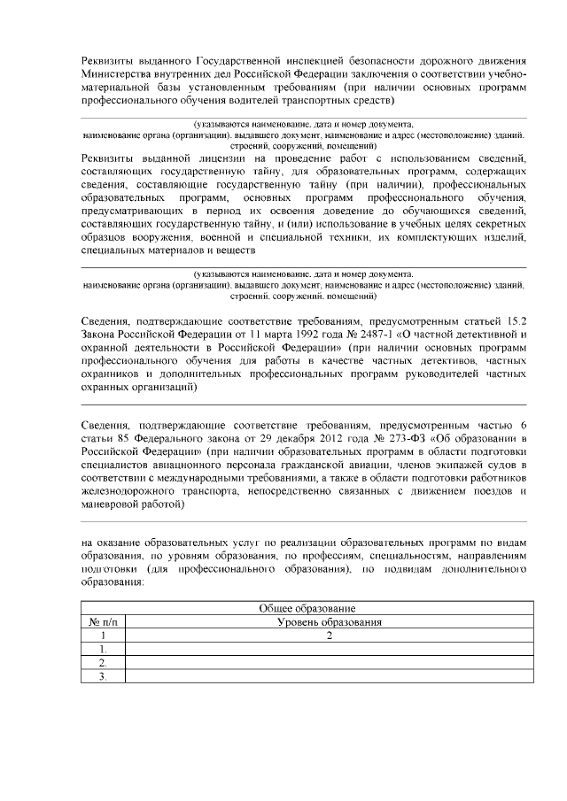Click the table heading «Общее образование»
pyautogui.click(x=307, y=609)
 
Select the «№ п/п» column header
pyautogui.click(x=103, y=622)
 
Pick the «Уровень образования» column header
pyautogui.click(x=329, y=622)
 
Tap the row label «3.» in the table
pyautogui.click(x=103, y=677)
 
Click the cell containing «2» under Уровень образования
pyautogui.click(x=329, y=635)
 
